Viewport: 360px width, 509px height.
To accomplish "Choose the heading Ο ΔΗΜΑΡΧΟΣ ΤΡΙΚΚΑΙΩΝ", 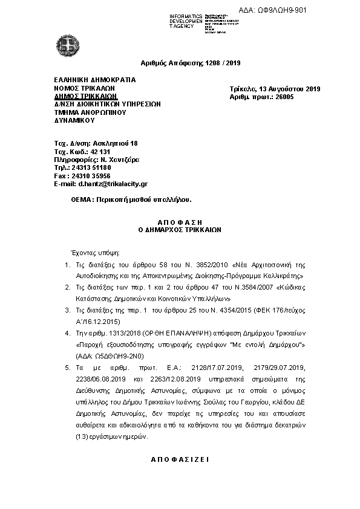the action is click(180, 230).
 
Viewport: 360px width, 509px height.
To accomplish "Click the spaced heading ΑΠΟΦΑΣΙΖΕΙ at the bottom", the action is click(179, 459).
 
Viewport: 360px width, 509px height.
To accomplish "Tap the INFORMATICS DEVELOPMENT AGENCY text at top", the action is click(186, 21).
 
